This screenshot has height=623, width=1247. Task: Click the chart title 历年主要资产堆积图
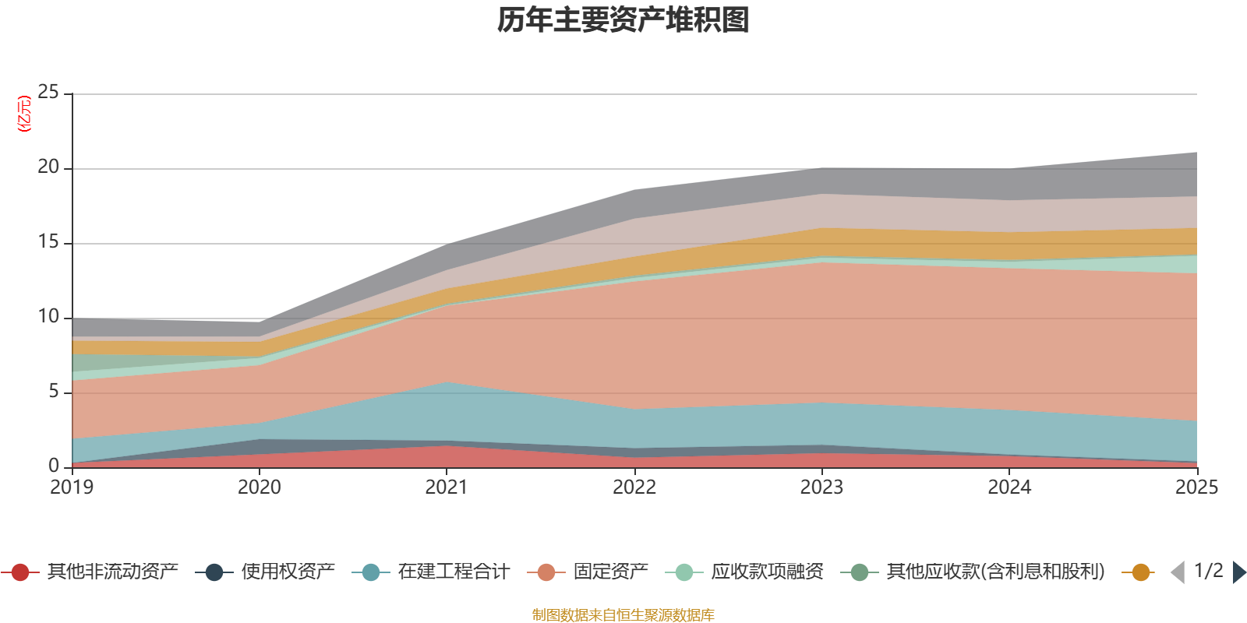pos(623,21)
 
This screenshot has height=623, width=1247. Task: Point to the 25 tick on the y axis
pos(48,93)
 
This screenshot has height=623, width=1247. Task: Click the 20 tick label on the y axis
pos(48,167)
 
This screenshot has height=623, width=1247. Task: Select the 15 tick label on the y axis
pos(48,242)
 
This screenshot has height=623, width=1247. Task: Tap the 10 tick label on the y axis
pos(48,317)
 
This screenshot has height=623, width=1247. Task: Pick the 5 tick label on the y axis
pos(54,392)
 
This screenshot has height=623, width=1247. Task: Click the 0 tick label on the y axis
pos(54,466)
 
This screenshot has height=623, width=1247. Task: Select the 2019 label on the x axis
pos(72,487)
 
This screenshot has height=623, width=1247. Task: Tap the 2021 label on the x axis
pos(447,487)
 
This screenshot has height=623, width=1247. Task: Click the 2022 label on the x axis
pos(634,487)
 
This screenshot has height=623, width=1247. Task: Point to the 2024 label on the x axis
pos(1009,487)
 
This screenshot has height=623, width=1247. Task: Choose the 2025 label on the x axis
pos(1196,487)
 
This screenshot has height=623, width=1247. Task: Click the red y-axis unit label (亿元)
pos(25,114)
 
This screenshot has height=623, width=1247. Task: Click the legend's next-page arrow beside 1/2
pos(1238,572)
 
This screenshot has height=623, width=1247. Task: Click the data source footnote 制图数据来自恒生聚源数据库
pos(623,615)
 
